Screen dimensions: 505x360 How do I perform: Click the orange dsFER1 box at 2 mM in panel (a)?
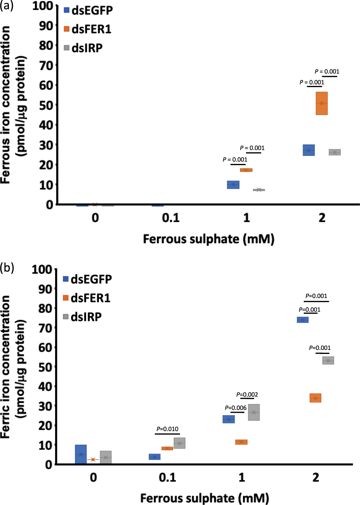(x=322, y=103)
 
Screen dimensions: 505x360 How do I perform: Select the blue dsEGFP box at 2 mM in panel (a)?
(x=309, y=150)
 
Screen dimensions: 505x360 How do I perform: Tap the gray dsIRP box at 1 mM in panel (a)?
(x=259, y=190)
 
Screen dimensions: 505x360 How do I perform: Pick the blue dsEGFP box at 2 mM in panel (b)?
(x=303, y=320)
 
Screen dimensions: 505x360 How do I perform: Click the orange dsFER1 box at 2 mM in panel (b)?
(x=316, y=398)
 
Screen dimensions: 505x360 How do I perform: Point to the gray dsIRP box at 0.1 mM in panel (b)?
(x=179, y=443)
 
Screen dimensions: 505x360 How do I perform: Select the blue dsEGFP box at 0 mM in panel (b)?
(x=81, y=454)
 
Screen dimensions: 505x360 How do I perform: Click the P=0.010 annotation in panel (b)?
(x=167, y=429)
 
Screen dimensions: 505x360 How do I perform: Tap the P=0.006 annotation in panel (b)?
(x=236, y=408)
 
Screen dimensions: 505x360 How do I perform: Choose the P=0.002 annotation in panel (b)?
(x=247, y=395)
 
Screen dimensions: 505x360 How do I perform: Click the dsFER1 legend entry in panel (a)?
(x=88, y=29)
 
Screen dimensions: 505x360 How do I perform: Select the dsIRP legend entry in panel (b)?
(x=82, y=316)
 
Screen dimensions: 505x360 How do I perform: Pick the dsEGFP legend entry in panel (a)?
(x=88, y=10)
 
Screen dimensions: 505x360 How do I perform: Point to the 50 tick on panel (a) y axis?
(x=46, y=105)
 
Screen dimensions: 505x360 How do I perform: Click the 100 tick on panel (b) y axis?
(x=42, y=269)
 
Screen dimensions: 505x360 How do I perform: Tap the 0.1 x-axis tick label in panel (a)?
(x=171, y=218)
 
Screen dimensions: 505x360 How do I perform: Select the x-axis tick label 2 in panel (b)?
(x=316, y=477)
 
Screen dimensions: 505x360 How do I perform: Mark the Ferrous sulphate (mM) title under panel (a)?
(x=208, y=239)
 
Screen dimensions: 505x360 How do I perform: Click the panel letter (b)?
(x=7, y=268)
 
